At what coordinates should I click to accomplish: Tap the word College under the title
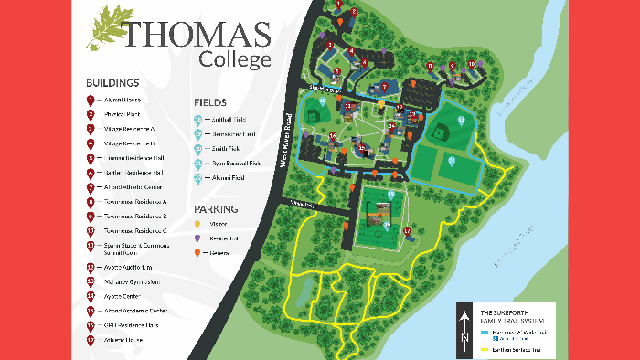click(235, 60)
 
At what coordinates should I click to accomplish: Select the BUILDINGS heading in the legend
click(112, 81)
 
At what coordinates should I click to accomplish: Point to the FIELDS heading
click(209, 102)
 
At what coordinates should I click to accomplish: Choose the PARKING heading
click(216, 208)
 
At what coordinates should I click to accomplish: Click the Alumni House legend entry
click(122, 99)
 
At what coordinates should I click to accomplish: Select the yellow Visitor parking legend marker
click(197, 224)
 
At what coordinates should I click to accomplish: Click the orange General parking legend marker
click(197, 252)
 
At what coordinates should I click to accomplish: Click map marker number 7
click(385, 86)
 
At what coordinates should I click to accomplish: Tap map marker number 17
click(407, 231)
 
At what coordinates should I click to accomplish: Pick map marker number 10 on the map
click(472, 63)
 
